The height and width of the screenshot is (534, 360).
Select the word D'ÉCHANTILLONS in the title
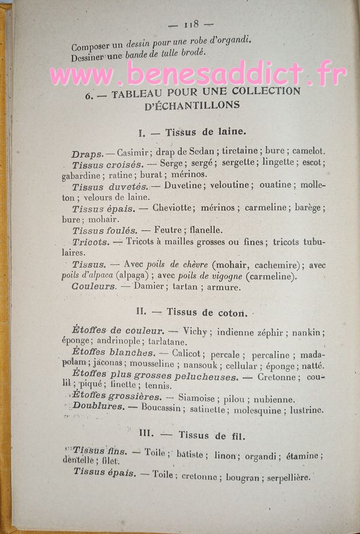pos(191,105)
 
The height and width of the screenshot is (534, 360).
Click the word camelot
pos(308,151)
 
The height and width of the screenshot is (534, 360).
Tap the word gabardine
pos(81,175)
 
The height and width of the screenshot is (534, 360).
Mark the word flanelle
pos(205,229)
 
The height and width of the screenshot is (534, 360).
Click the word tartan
pos(185,286)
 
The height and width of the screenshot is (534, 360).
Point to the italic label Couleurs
pos(93,286)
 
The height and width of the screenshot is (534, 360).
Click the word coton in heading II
pos(227,312)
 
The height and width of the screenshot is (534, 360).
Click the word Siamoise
pos(197,398)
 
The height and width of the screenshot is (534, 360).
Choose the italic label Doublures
pos(99,406)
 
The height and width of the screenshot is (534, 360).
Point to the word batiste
pos(190,455)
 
